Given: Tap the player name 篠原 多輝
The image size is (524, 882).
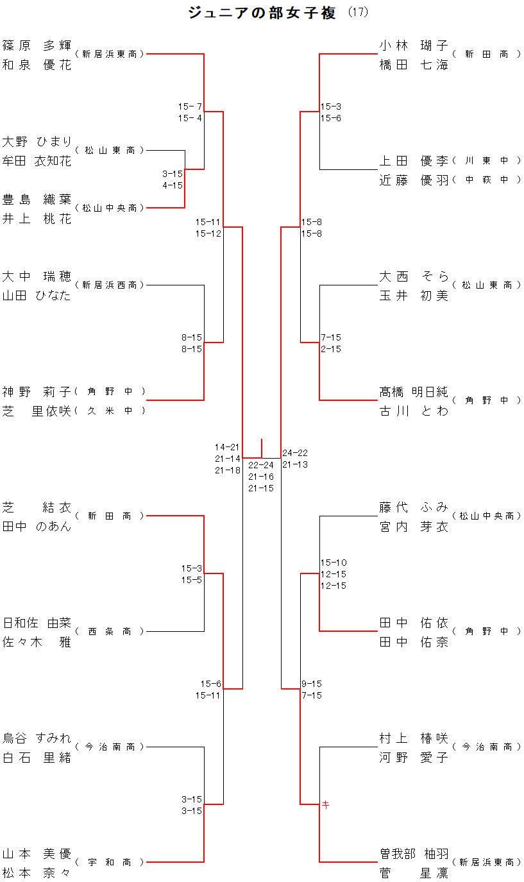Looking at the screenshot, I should [37, 46].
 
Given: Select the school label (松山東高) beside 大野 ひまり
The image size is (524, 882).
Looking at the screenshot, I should [110, 150].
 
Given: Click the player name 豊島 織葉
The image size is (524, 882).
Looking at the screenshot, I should [37, 199].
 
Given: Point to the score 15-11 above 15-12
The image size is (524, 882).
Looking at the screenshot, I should [208, 222].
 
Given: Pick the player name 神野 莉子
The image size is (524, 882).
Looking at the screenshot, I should [37, 392].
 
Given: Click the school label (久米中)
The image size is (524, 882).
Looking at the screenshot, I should [110, 411].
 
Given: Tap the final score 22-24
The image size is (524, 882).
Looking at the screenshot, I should [261, 465].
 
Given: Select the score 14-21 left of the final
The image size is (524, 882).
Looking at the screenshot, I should [228, 447].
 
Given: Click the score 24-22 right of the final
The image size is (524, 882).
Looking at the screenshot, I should [295, 453].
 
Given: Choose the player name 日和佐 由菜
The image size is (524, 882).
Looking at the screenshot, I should [37, 623].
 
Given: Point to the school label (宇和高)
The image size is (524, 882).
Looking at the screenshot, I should [110, 862].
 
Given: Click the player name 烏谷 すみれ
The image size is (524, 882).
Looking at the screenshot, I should [37, 738].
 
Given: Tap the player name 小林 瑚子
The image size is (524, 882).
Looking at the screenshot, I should [414, 46].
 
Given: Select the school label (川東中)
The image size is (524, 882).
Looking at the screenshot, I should [487, 160].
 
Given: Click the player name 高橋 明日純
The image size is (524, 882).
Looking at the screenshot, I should [414, 392].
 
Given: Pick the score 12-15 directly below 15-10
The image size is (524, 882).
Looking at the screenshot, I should [334, 574].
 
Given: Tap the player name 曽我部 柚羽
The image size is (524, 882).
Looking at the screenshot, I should [414, 854].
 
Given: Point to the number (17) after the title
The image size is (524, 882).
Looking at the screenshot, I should [358, 13].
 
